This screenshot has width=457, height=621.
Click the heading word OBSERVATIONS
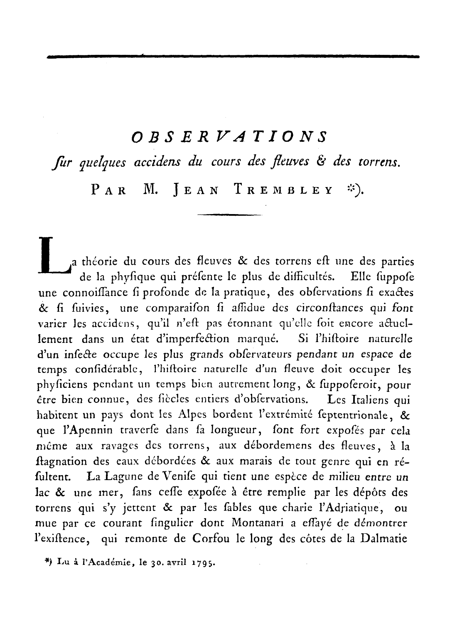pos(229,137)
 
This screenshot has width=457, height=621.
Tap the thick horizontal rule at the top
pos(233,56)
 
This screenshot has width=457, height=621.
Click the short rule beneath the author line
pos(229,215)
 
